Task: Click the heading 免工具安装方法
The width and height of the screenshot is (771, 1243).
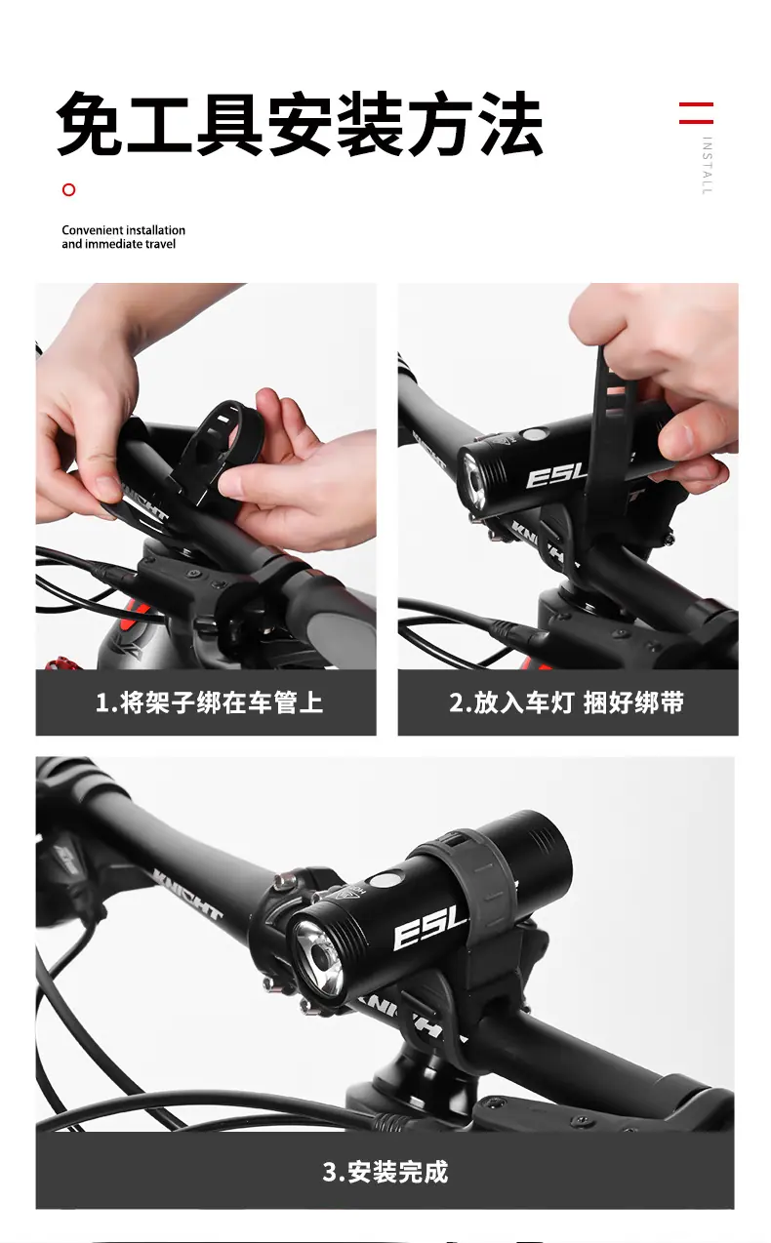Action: (300, 123)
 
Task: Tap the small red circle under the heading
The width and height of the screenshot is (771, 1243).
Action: (69, 190)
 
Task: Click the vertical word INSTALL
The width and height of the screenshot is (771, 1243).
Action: (707, 165)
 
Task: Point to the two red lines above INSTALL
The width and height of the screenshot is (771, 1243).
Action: (696, 112)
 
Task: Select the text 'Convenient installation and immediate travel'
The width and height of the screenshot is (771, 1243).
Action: (123, 237)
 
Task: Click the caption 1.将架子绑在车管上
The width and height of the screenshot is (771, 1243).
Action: (209, 702)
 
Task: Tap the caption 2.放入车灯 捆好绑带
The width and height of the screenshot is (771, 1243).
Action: (567, 702)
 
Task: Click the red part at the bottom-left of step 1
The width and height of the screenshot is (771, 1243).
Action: (62, 662)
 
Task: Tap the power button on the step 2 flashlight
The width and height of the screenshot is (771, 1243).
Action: (535, 434)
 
